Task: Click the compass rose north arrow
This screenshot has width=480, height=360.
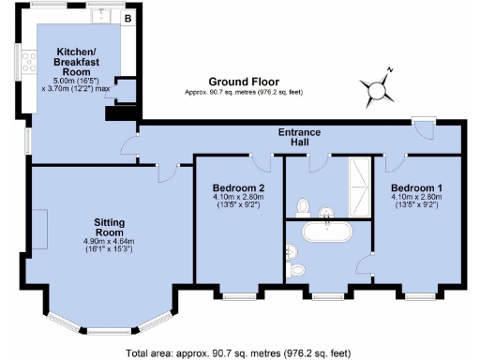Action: coord(379,89)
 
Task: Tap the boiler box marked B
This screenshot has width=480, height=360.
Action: coord(127,17)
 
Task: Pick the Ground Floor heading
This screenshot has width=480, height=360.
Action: coord(239,82)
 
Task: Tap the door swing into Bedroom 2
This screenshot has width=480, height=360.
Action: coord(262,162)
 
